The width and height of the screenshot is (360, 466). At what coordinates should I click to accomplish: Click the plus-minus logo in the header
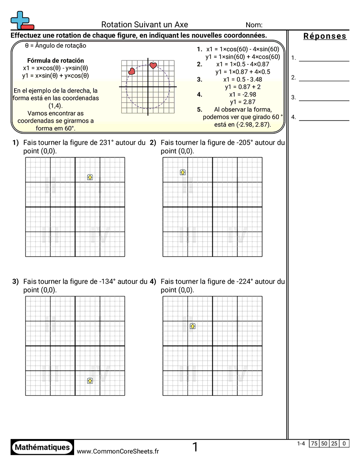tap(22, 20)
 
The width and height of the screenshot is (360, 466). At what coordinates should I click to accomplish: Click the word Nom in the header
tap(254, 25)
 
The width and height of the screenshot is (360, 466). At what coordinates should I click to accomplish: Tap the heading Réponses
tap(325, 36)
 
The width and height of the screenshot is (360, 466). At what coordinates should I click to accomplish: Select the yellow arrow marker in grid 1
tap(90, 177)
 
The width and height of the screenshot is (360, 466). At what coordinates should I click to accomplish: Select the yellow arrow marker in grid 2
tap(183, 172)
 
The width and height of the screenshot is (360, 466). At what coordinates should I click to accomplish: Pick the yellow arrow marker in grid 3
tap(90, 380)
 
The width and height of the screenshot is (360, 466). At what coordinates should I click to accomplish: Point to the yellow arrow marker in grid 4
tap(192, 326)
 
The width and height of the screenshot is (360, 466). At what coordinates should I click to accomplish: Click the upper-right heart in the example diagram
tap(153, 65)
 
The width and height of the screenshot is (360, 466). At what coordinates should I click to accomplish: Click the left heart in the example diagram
tap(131, 71)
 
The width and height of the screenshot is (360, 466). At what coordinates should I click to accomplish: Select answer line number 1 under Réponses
tap(324, 60)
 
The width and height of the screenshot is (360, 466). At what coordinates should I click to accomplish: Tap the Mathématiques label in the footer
tap(42, 447)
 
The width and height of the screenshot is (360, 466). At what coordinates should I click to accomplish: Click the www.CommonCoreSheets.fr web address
tap(118, 451)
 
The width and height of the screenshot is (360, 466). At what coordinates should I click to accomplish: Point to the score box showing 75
tap(314, 443)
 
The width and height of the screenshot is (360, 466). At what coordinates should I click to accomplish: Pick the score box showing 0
tap(344, 443)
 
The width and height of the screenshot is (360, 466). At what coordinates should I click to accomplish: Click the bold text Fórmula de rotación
tap(56, 60)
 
